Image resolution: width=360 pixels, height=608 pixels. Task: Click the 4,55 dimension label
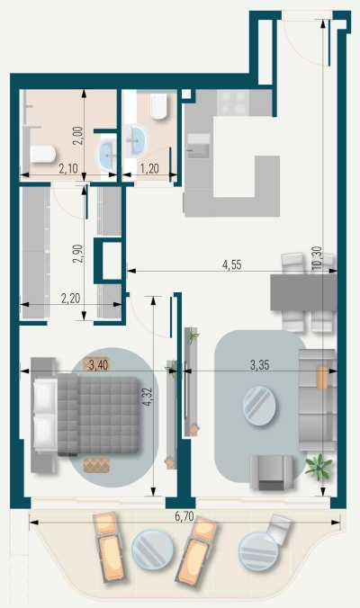238,265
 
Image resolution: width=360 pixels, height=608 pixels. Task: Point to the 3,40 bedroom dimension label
96,364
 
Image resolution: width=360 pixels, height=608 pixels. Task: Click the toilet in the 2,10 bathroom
41,154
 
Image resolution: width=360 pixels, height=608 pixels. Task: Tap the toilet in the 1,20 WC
158,108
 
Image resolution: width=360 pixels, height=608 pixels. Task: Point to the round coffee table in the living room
261,404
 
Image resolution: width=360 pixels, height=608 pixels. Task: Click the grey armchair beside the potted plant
271,469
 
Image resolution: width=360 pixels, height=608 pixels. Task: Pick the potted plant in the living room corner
318,465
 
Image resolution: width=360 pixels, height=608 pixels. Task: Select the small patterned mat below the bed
95,463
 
